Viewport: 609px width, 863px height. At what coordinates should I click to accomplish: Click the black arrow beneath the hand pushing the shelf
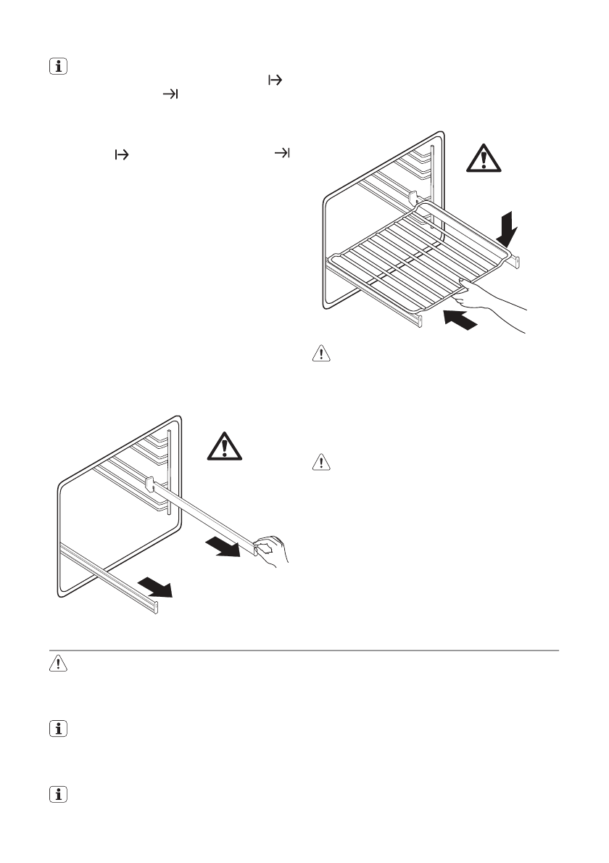(x=462, y=318)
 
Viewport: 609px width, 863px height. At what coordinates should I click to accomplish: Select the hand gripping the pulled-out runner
(x=272, y=549)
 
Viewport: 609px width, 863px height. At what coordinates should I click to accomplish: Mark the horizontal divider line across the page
(x=304, y=651)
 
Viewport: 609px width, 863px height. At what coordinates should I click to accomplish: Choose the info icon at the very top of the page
(x=55, y=67)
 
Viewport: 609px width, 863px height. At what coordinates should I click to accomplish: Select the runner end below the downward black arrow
(x=515, y=261)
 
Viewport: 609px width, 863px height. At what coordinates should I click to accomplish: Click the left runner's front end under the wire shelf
(x=419, y=319)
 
